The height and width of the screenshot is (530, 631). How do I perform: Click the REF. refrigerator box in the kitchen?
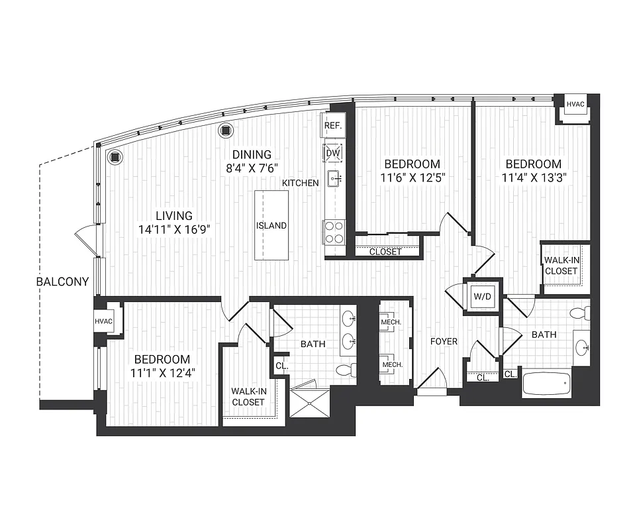pos(332,125)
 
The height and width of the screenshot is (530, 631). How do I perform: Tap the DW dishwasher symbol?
pos(332,154)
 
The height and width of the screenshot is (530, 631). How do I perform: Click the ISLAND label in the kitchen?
pos(271,225)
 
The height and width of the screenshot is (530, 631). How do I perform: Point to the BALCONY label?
pos(62,282)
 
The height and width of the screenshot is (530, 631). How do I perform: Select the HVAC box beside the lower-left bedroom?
pos(105,321)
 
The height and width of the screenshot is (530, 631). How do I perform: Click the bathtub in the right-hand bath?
pos(546,384)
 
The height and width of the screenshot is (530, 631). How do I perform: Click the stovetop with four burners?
pos(334,233)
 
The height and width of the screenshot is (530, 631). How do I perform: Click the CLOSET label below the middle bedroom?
pos(385,252)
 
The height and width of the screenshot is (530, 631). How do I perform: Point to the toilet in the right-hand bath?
pos(580,312)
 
